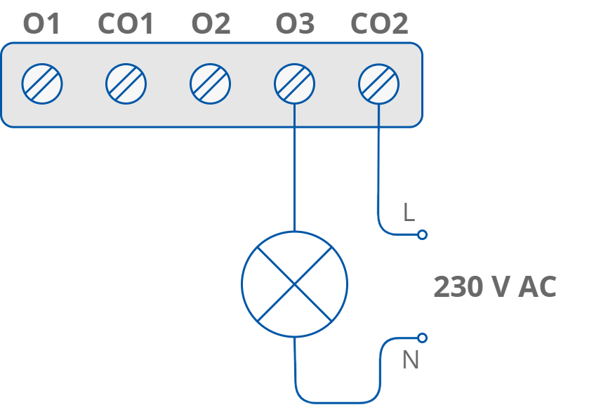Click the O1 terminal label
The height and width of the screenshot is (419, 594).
(x=42, y=25)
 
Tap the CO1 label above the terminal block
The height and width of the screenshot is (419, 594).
(x=126, y=25)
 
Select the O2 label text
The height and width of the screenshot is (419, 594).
(x=211, y=25)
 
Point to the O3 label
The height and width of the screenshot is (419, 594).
(x=295, y=25)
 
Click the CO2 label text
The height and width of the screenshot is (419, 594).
(x=379, y=25)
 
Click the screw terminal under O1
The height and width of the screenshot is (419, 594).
(x=42, y=84)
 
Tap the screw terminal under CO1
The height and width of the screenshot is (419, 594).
(x=126, y=84)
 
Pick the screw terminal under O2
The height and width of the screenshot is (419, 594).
(x=211, y=84)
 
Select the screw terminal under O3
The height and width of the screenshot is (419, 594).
(x=295, y=84)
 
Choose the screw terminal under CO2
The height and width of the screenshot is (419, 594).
(x=379, y=84)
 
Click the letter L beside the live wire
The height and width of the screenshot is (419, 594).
(x=409, y=213)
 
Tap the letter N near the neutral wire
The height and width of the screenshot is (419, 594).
(x=410, y=360)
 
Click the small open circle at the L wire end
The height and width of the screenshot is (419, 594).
(x=422, y=235)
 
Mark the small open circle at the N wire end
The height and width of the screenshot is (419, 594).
(x=422, y=338)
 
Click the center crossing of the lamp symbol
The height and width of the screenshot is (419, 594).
(x=294, y=284)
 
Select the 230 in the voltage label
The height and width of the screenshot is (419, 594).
(x=456, y=287)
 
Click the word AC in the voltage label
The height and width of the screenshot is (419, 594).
(x=537, y=287)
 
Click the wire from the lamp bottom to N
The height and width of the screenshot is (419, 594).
(x=337, y=402)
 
